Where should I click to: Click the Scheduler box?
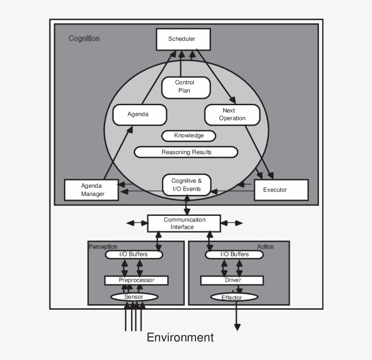(183, 39)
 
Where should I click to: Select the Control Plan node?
(186, 87)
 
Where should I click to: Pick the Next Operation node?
(232, 114)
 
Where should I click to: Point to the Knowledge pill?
(189, 136)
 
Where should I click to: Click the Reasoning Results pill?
(186, 152)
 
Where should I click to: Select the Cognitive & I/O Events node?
(186, 185)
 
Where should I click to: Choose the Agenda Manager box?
(92, 190)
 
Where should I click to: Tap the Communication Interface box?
(184, 223)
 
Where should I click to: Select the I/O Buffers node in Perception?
(133, 254)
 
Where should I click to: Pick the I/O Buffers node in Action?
(234, 254)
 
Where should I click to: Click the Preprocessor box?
(136, 280)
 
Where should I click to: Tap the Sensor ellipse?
(134, 297)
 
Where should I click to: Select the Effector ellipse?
(234, 297)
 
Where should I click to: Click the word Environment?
(180, 337)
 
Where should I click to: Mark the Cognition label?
(84, 39)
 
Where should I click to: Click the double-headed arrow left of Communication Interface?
(137, 223)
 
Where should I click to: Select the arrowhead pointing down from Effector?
(236, 327)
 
